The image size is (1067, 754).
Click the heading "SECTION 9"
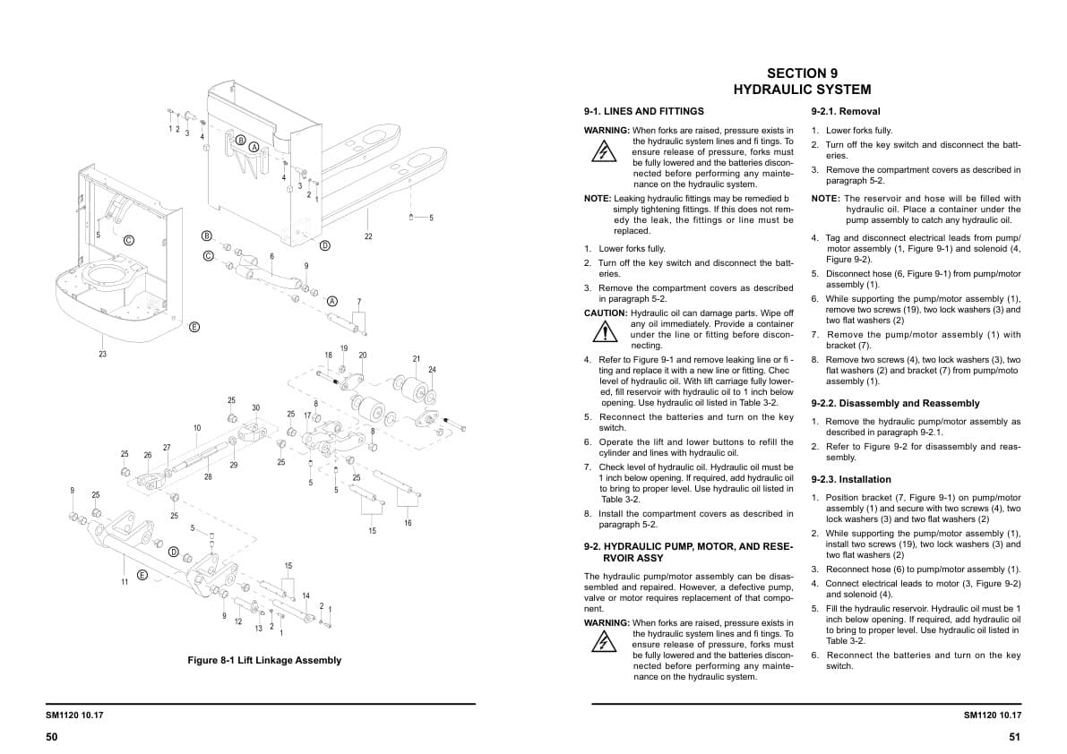point(802,73)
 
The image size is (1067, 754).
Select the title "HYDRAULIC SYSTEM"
point(802,90)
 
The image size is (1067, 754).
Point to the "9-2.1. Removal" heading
point(846,112)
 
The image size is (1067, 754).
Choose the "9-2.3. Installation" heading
point(851,480)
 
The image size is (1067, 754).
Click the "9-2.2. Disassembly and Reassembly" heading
point(895,404)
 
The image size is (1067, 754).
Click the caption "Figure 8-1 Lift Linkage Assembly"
point(264,661)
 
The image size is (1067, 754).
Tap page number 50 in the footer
point(51,737)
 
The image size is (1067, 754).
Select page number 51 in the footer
point(1014,737)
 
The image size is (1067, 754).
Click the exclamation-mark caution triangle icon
point(607,332)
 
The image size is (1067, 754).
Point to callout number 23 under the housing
point(102,354)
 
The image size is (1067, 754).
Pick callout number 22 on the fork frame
point(368,236)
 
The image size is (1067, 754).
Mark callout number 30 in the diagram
point(255,408)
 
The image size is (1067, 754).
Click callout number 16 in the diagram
point(408,523)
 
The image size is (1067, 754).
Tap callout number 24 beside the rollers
point(432,370)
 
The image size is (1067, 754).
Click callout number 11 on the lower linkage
point(125,582)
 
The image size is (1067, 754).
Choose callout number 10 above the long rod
point(197,428)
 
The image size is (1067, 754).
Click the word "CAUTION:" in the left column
point(606,313)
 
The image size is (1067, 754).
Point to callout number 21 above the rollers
point(416,359)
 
